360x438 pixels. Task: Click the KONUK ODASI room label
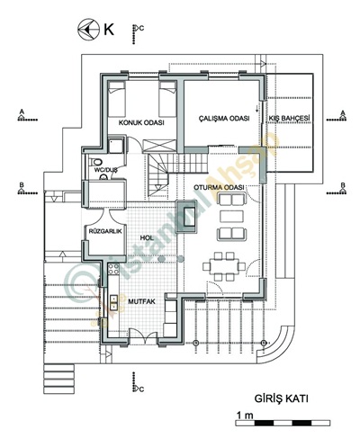point(141,122)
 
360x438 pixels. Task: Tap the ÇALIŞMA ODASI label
point(224,118)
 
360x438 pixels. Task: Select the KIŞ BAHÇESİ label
point(289,118)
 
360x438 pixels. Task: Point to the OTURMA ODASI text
point(219,187)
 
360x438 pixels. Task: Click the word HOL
point(147,237)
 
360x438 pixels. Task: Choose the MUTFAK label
point(142,301)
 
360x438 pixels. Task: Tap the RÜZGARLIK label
point(105,231)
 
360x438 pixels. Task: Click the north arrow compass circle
point(88,30)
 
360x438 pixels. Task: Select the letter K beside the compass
point(109,30)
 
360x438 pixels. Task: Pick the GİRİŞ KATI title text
point(282,398)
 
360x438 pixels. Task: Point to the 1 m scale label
point(245,416)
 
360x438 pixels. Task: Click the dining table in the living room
point(224,266)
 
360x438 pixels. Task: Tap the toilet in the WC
point(96,162)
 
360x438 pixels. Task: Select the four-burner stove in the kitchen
point(113,269)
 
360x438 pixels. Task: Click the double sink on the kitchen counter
point(113,302)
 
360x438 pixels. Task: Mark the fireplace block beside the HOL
point(188,216)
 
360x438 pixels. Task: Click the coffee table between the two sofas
point(232,217)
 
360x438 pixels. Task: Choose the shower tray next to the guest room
point(116,145)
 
